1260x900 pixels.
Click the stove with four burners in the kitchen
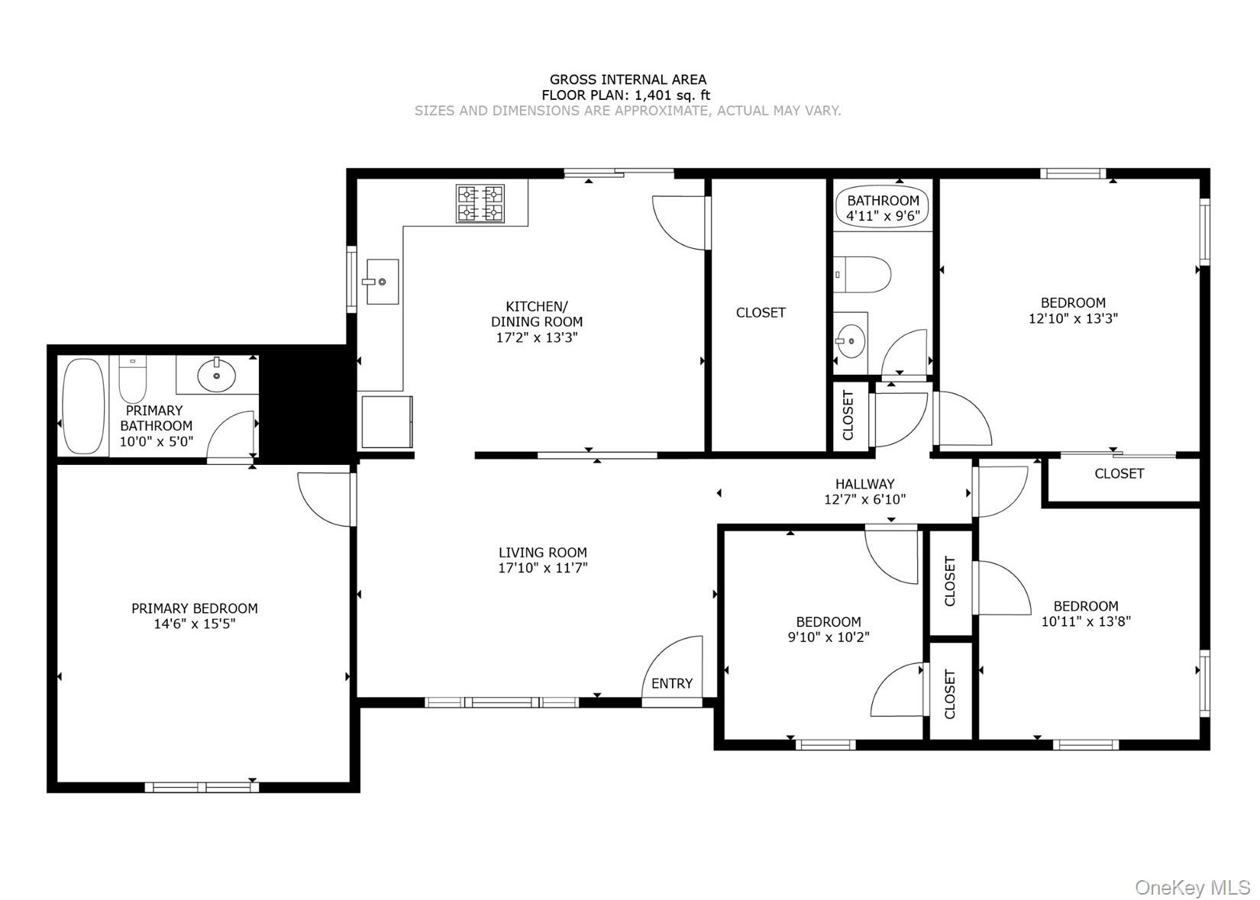[480, 203]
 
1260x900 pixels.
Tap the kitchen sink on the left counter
[382, 282]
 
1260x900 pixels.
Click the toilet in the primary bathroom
[133, 380]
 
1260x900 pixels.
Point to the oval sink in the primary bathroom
[217, 374]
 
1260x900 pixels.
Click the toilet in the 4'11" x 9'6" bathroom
[863, 275]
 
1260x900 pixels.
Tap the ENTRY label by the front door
[672, 683]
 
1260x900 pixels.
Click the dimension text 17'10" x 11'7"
[543, 568]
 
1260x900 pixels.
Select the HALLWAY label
[864, 483]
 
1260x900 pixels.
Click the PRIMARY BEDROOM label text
[195, 608]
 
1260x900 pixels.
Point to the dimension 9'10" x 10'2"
[829, 637]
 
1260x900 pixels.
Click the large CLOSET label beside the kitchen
[761, 312]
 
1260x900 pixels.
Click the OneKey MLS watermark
[1192, 887]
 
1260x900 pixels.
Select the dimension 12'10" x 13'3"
[1073, 318]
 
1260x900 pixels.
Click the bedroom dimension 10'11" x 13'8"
[1086, 621]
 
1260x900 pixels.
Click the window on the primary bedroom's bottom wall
[202, 787]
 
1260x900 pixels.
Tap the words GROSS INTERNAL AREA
[628, 79]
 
